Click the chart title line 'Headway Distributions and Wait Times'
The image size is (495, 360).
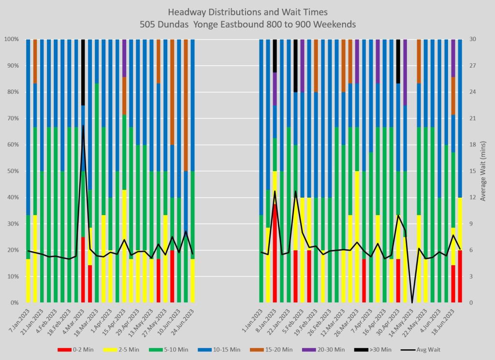[247, 11]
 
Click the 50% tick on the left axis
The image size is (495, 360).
[11, 171]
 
